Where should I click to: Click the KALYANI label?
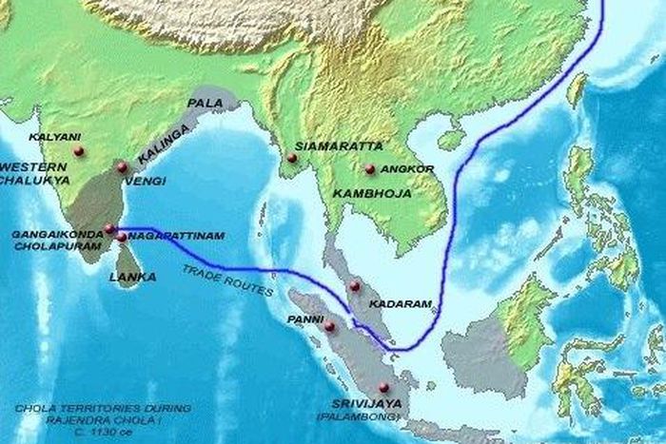[48, 136]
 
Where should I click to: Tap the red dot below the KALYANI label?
[78, 150]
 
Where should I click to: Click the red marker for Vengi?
[121, 168]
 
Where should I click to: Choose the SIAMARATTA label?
[325, 146]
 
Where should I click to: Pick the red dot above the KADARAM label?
[355, 286]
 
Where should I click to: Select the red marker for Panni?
[329, 327]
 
